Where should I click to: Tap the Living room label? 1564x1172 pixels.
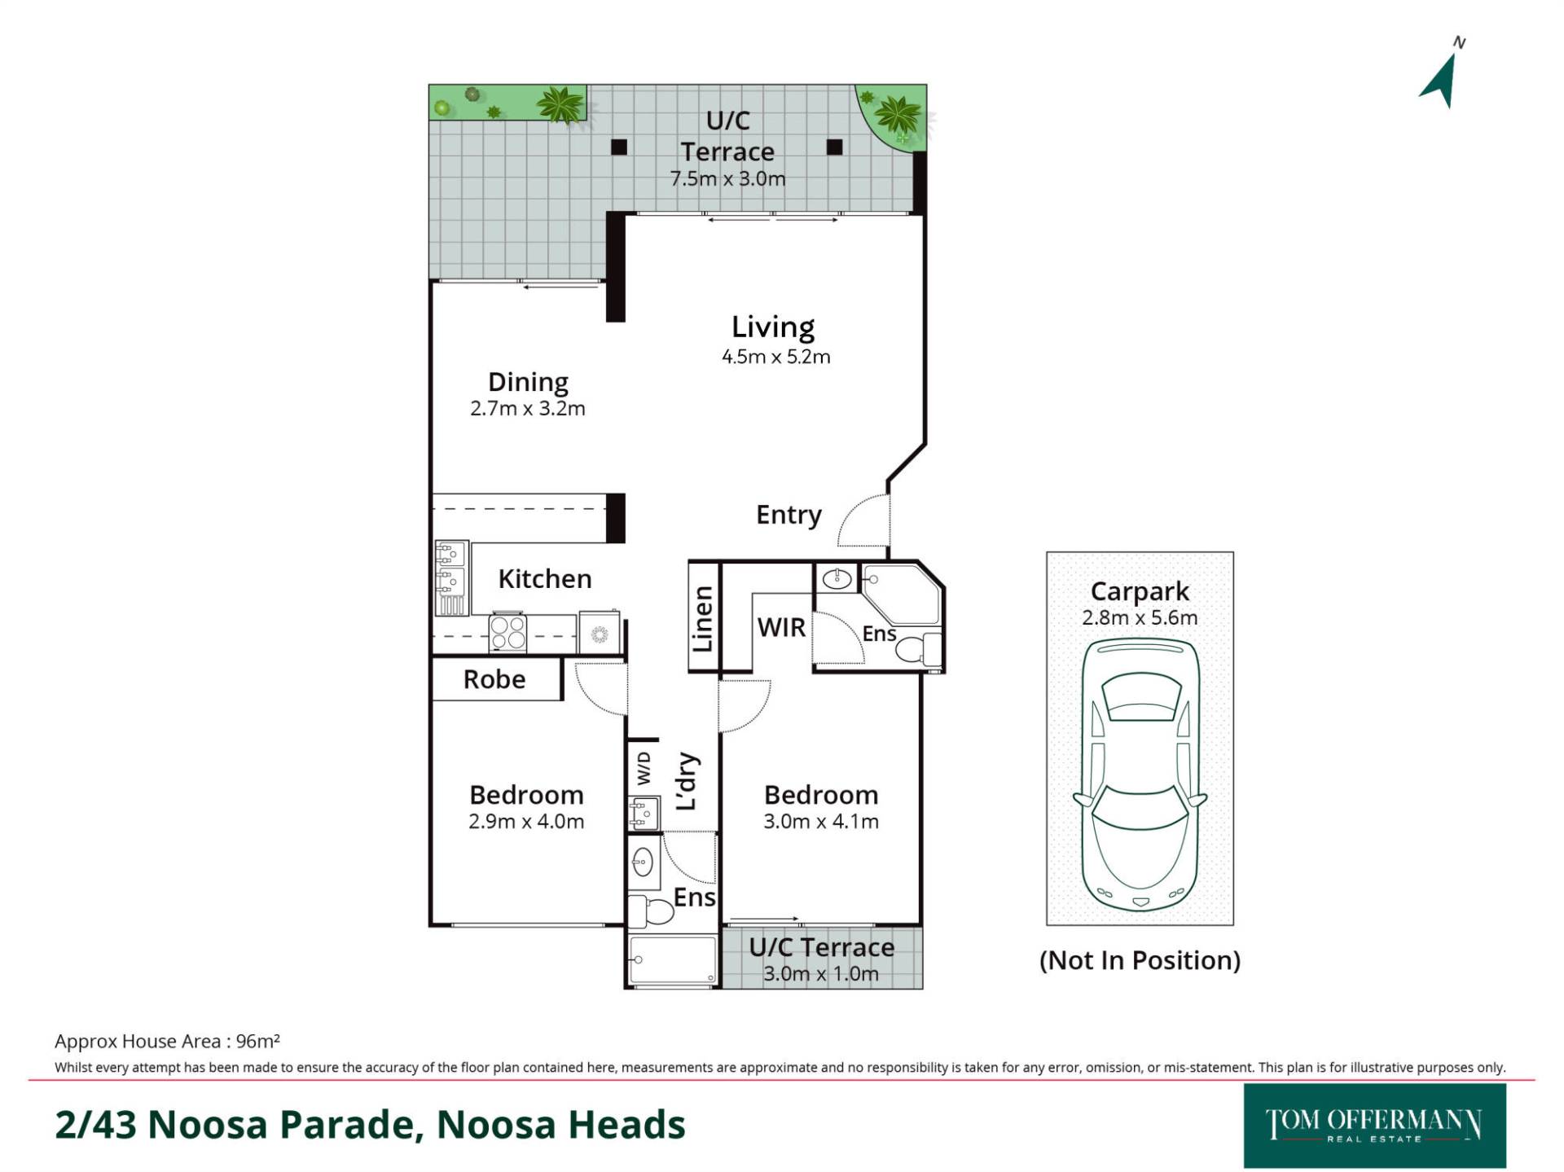(773, 327)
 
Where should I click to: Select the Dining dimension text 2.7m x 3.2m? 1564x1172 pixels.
(528, 408)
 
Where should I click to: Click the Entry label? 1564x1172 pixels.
(789, 515)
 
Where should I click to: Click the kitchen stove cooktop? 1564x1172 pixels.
(507, 632)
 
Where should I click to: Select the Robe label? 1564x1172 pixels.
(494, 679)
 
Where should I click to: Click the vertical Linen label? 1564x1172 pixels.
(702, 619)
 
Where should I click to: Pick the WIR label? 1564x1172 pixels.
(781, 627)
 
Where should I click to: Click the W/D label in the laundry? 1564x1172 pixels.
(644, 768)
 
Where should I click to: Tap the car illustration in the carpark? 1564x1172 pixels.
(1140, 775)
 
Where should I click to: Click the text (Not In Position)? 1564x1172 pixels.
(1140, 960)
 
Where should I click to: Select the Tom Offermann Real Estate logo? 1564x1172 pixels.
(1374, 1126)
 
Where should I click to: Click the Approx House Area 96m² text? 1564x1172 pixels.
(168, 1041)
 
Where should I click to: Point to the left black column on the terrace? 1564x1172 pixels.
(619, 147)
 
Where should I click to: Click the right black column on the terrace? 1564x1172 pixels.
(834, 147)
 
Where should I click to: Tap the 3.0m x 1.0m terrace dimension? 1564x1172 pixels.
(821, 973)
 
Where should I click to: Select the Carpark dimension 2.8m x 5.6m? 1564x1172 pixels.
(1140, 617)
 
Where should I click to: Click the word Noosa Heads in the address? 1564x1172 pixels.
(561, 1125)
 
